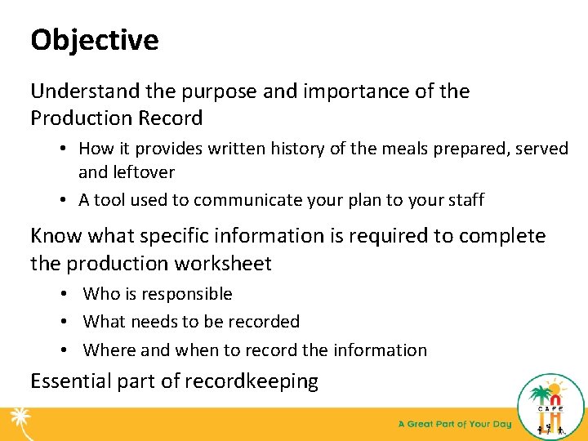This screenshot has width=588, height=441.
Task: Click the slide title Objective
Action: point(95,40)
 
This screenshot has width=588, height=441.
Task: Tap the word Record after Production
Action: point(171,118)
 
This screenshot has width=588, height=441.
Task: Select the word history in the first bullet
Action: point(311,149)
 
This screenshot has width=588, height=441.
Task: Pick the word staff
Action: point(465,200)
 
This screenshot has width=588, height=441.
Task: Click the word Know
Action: point(54,236)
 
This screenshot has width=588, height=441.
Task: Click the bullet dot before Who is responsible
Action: point(62,294)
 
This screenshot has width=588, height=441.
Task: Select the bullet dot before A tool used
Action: point(62,200)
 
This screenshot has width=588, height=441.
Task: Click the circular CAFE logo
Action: point(550,405)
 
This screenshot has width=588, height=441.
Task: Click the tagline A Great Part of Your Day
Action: point(454,424)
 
